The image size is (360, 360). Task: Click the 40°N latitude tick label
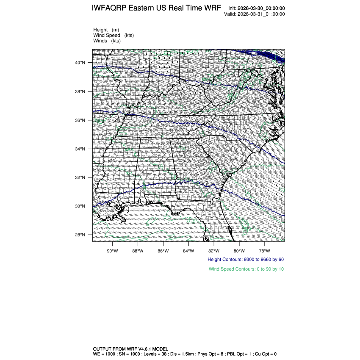point(80,63)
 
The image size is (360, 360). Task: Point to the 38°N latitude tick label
point(80,91)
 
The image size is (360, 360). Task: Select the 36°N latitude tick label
point(80,120)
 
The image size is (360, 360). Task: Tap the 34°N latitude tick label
point(80,149)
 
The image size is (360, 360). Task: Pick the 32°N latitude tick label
point(80,177)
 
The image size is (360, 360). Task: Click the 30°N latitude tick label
point(80,206)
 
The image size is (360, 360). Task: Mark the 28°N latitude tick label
point(80,235)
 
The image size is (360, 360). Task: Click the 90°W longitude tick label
point(112,250)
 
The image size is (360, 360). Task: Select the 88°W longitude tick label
point(138,250)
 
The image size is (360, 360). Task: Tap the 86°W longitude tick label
point(163,250)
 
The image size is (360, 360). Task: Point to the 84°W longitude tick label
point(188,250)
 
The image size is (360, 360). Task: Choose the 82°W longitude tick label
point(214,250)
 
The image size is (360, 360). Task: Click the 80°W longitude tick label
point(239,250)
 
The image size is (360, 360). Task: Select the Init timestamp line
point(256,8)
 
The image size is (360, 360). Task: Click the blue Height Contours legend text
point(246,259)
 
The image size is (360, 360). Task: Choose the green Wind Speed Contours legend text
point(246,269)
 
